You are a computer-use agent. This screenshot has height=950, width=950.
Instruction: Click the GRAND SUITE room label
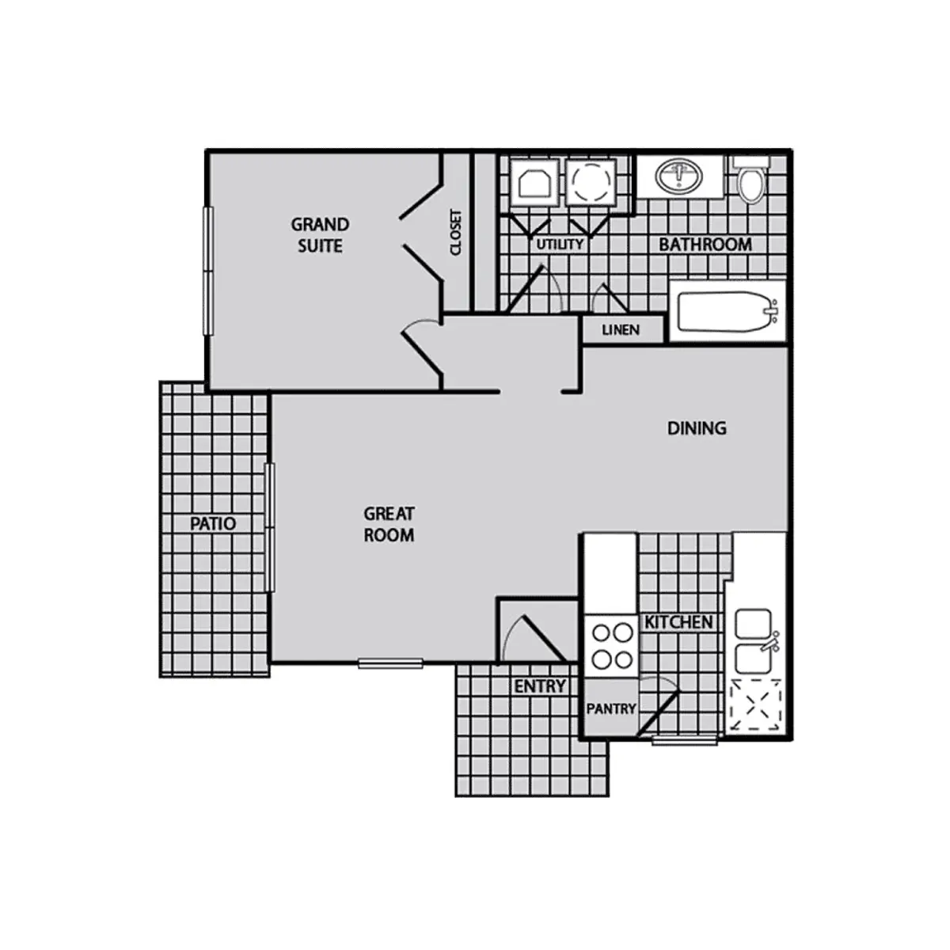[320, 235]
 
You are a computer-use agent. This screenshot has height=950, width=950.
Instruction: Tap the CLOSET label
[456, 232]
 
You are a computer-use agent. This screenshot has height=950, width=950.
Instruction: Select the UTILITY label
[560, 244]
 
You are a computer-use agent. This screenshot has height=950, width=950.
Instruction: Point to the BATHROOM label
[705, 244]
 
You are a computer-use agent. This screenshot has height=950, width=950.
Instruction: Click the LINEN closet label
[621, 329]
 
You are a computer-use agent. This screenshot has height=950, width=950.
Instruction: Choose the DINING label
[697, 428]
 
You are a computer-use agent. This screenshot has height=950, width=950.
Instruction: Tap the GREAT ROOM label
[389, 524]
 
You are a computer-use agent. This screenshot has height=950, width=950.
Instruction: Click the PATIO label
[213, 523]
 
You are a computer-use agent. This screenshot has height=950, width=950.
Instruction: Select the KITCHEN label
[678, 622]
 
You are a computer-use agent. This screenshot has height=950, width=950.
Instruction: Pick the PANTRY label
[610, 709]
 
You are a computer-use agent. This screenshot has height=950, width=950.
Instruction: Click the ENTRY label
[540, 686]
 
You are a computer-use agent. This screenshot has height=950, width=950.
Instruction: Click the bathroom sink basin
[678, 176]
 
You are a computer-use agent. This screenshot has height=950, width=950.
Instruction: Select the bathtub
[726, 311]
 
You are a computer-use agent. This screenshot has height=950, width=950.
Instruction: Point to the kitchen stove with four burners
[611, 645]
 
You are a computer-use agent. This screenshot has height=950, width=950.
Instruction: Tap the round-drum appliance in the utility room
[589, 183]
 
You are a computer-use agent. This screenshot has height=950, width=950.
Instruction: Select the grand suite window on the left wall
[208, 270]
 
